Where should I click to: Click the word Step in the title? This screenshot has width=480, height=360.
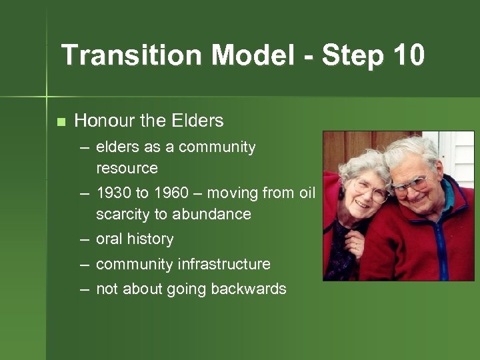coord(351,55)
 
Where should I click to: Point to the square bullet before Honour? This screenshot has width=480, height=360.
coord(61,122)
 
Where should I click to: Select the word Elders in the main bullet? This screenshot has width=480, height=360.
coord(197,121)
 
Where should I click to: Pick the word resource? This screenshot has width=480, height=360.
coord(127,168)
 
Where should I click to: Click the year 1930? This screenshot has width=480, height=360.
coord(113,193)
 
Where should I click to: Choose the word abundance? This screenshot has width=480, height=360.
coord(211,214)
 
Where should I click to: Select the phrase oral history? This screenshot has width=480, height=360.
coord(135,239)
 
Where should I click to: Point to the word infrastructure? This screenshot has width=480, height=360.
coord(224,264)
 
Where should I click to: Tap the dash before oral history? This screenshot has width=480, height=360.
coord(85,239)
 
